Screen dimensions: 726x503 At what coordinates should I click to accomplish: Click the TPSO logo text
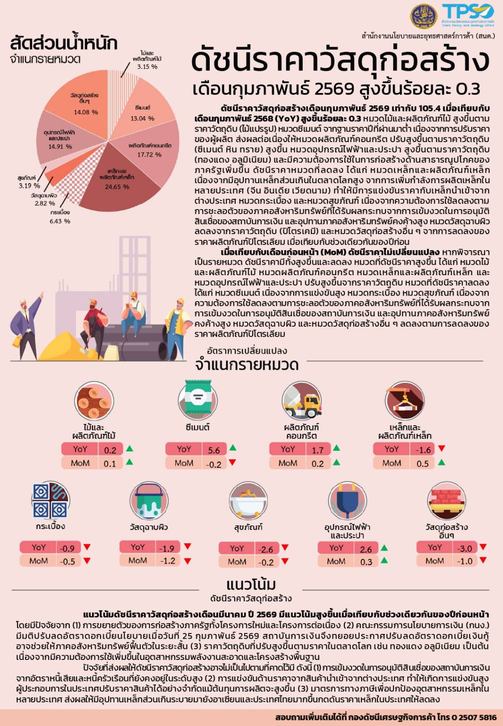tap(468, 12)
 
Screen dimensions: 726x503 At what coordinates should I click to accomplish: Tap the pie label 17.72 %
tap(149, 154)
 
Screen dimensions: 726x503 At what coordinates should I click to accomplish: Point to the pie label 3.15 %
tap(147, 67)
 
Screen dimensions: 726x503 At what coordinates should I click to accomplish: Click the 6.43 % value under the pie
tap(60, 221)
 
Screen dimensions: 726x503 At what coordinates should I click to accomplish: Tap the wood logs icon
tap(94, 401)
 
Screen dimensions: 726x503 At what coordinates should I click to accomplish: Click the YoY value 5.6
tap(214, 450)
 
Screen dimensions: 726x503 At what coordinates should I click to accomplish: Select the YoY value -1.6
tap(423, 450)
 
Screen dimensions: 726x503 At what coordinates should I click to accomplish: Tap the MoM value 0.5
tap(423, 464)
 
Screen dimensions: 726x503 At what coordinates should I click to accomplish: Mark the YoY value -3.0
tap(465, 549)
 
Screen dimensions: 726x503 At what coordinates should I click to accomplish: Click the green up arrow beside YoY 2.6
tap(384, 548)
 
